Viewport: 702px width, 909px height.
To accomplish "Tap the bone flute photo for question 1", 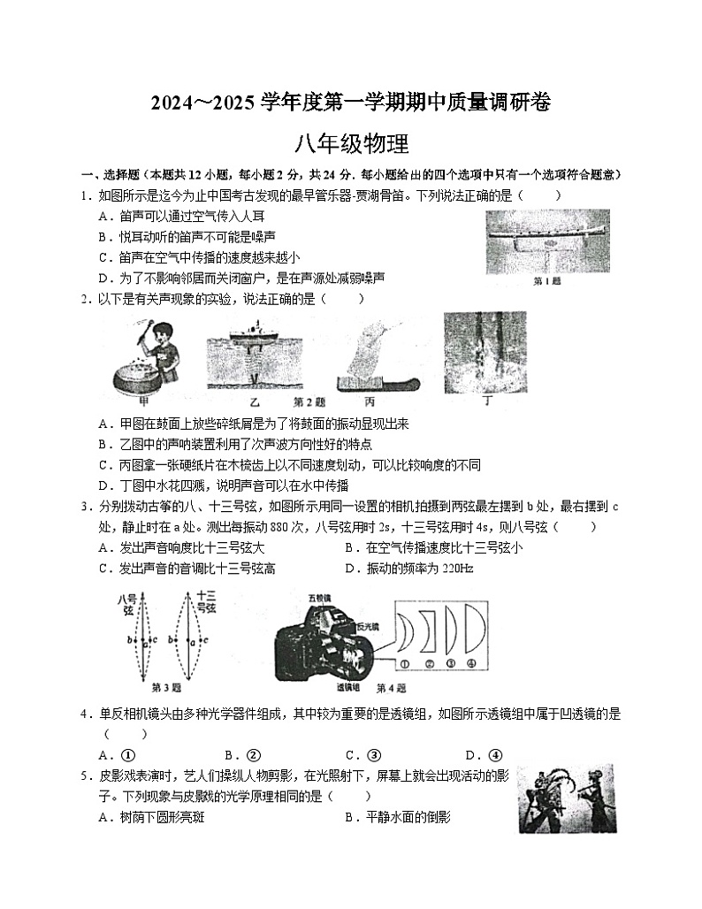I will [547, 241].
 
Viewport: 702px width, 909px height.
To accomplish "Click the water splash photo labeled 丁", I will [485, 352].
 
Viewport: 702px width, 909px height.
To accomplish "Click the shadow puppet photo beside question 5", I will [566, 798].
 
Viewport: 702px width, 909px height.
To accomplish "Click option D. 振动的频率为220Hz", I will [409, 569].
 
